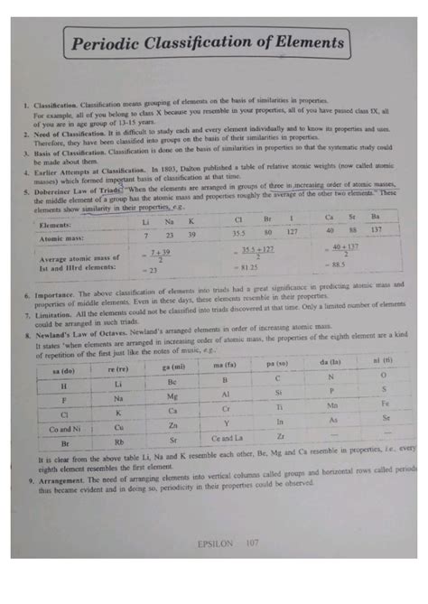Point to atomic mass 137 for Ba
click(x=377, y=230)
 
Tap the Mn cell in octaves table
click(x=330, y=406)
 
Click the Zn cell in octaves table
click(x=173, y=425)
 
